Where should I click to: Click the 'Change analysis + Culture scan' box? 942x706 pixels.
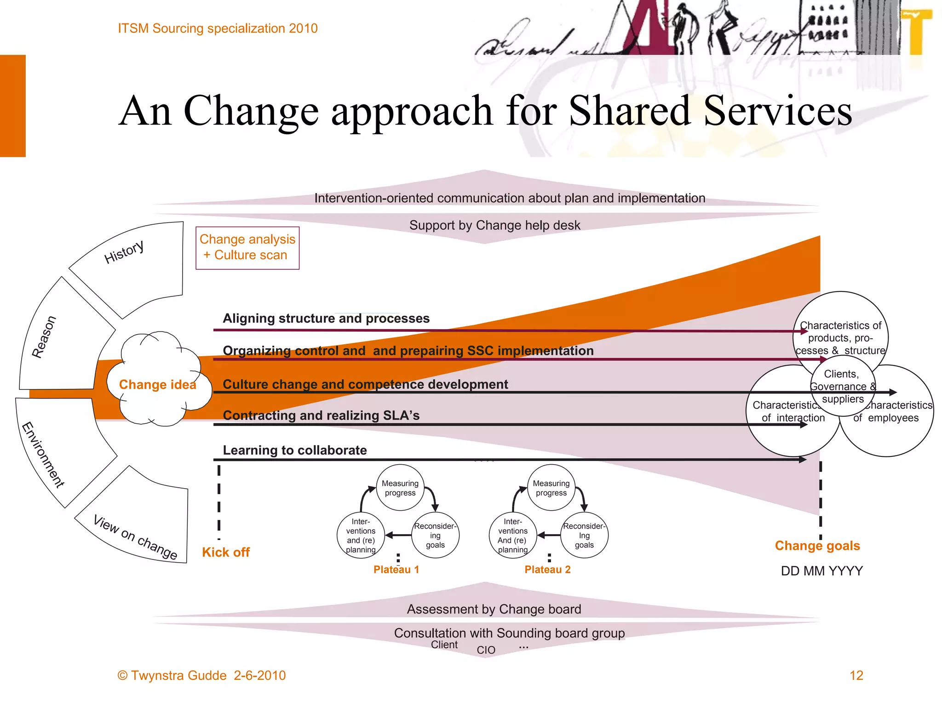click(247, 247)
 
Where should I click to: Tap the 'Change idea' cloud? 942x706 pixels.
click(157, 384)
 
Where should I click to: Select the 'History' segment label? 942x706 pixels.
click(124, 252)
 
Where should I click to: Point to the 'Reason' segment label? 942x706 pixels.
click(44, 337)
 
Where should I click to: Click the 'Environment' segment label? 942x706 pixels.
click(43, 454)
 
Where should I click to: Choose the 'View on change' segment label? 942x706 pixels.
click(135, 537)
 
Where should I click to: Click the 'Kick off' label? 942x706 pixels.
click(226, 552)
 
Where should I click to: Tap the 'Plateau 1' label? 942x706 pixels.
click(396, 569)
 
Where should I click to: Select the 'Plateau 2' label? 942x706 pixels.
click(547, 569)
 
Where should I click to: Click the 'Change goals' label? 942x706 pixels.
click(817, 546)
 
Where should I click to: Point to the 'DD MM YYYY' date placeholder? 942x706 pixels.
click(821, 571)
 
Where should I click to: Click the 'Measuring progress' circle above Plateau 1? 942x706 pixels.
click(400, 488)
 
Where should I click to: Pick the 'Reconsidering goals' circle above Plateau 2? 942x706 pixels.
click(584, 535)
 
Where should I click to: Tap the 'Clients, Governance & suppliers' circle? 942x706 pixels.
click(843, 387)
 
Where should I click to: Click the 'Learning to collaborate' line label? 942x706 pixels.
click(295, 450)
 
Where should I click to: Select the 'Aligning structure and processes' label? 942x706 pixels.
click(326, 318)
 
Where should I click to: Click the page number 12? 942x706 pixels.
click(856, 675)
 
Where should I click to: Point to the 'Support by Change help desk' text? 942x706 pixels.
click(494, 225)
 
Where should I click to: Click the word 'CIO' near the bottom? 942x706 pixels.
click(486, 650)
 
